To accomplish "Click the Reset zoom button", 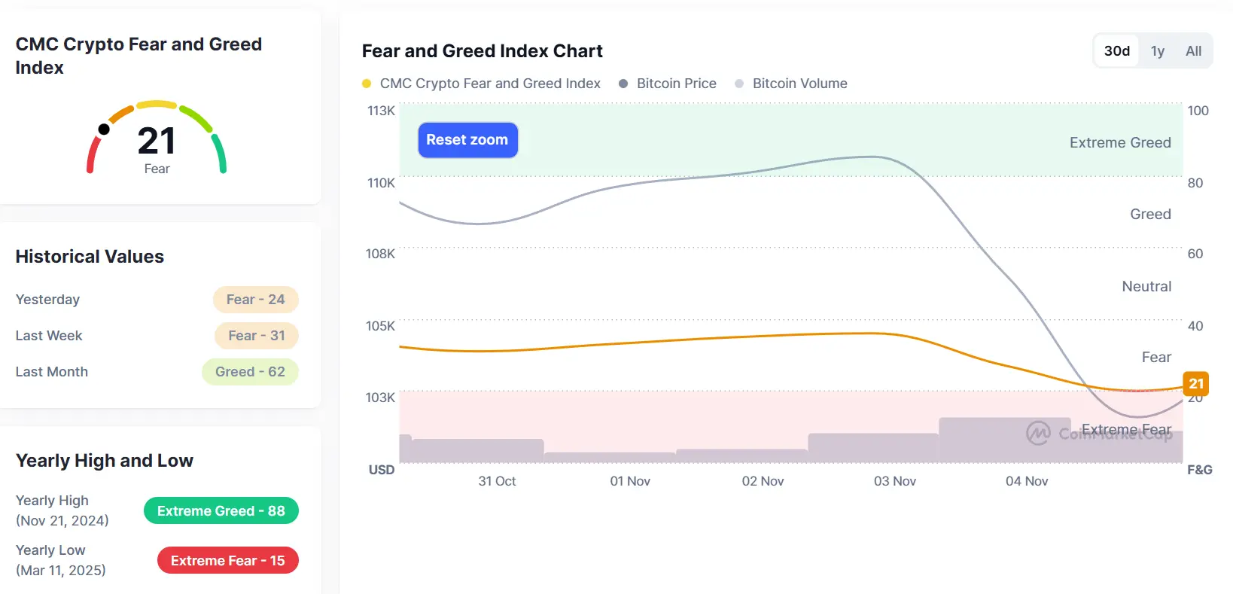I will pos(467,140).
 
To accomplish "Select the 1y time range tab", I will pos(1157,51).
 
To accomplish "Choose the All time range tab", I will pos(1193,51).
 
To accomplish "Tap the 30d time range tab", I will pos(1116,51).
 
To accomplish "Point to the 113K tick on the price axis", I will pos(381,111).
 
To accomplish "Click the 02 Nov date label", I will pos(763,481).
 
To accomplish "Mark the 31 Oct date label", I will pos(497,481).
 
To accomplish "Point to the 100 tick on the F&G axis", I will pos(1198,111).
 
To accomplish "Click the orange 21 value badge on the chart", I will pos(1196,384).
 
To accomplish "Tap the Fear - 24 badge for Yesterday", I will pos(256,300).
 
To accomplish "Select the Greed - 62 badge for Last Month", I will pos(250,372).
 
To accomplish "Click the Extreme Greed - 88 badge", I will pos(221,511).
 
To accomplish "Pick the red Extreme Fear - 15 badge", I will pos(228,561).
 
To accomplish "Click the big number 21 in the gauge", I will pos(157,141).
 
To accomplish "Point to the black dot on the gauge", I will pos(104,129).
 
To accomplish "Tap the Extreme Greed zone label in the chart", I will pos(1120,143).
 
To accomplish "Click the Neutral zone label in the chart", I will pos(1146,287).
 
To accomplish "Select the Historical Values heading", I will pos(90,257).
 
